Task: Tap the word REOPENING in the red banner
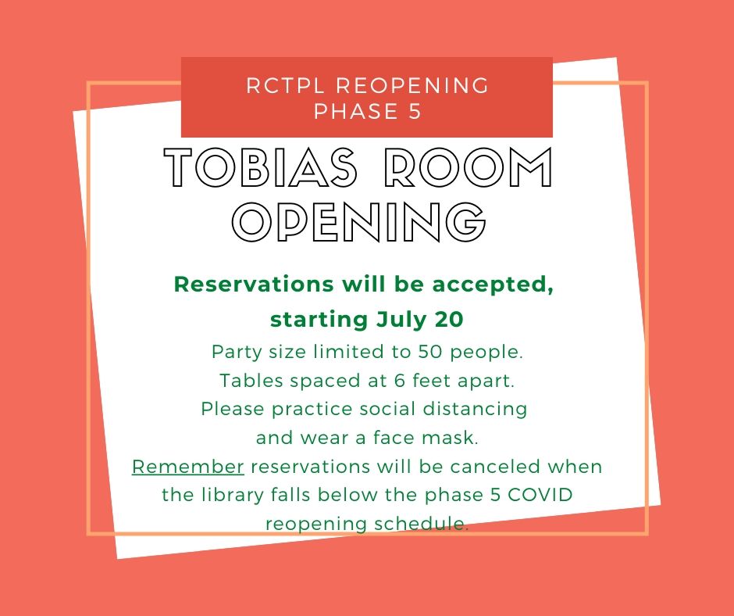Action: [x=412, y=86]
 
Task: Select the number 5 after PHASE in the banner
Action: [x=415, y=112]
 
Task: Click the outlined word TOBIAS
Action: [x=261, y=167]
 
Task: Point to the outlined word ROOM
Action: [x=468, y=167]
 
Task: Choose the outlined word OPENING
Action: [x=359, y=222]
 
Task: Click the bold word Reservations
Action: [x=254, y=284]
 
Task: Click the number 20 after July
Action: [x=449, y=319]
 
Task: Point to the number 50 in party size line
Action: [x=430, y=352]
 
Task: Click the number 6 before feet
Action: [x=399, y=380]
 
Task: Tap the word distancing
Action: [x=475, y=410]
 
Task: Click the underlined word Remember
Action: [x=187, y=467]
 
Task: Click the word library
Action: [x=233, y=496]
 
